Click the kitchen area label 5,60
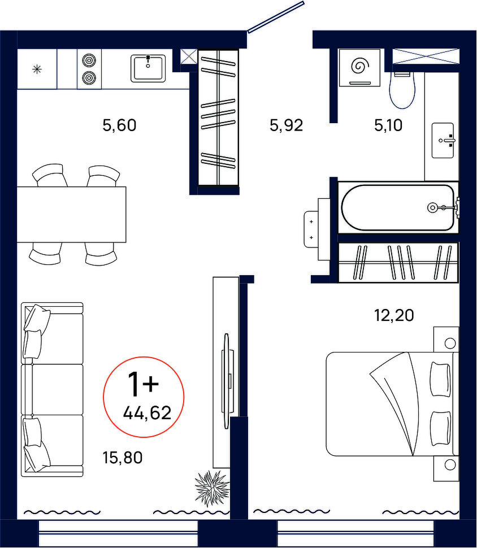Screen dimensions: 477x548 coord(119,125)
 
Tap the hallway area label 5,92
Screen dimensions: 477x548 coord(286,125)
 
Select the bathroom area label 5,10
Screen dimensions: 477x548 coord(388,125)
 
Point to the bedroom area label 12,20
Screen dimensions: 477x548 coord(394,315)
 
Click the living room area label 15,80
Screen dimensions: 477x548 coord(123,457)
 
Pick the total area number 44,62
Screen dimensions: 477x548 coord(148,413)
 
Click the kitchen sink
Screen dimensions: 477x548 coord(148,68)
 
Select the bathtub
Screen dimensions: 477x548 coord(398,207)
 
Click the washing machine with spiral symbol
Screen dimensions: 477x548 coord(359,67)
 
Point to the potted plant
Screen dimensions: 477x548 coord(212,488)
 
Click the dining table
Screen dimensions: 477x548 coord(71,214)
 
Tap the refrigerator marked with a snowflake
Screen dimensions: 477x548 coord(37,69)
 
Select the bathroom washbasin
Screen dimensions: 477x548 coord(443,140)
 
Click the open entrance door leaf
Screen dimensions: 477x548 coord(276,17)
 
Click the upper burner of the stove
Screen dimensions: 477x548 coord(89,60)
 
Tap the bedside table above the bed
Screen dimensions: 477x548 coord(446,340)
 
